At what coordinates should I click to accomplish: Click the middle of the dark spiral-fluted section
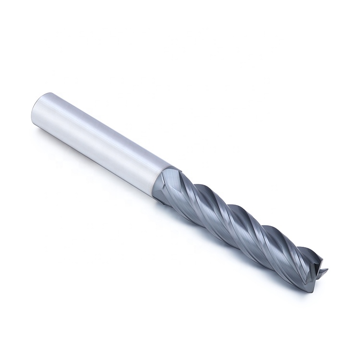point(240,226)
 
